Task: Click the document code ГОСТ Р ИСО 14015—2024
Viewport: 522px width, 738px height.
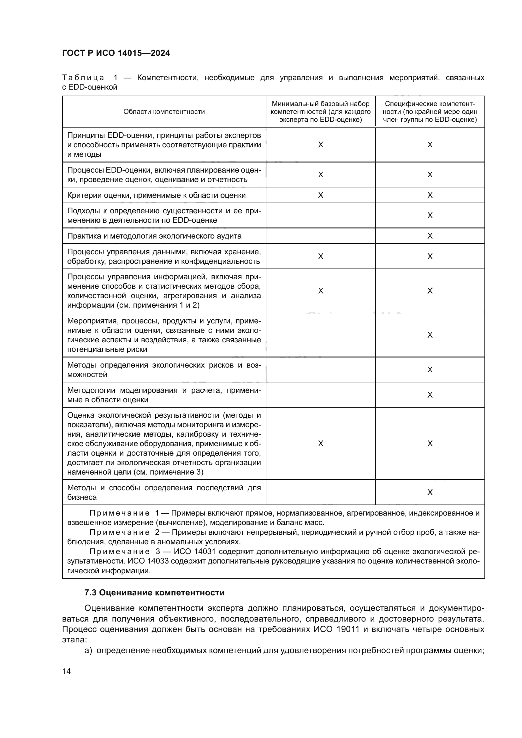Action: pyautogui.click(x=116, y=53)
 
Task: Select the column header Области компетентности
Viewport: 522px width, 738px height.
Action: pyautogui.click(x=164, y=111)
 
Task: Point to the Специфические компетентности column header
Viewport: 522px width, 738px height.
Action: pyautogui.click(x=430, y=111)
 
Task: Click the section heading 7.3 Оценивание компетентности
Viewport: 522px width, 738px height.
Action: pyautogui.click(x=154, y=593)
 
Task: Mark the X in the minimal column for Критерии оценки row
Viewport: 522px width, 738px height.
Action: pyautogui.click(x=320, y=195)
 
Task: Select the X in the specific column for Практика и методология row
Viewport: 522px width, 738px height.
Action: pyautogui.click(x=430, y=236)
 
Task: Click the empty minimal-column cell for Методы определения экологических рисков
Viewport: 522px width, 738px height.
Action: pyautogui.click(x=320, y=370)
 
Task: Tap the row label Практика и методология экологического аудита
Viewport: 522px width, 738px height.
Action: pyautogui.click(x=154, y=236)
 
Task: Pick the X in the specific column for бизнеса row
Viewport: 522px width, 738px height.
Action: pyautogui.click(x=430, y=493)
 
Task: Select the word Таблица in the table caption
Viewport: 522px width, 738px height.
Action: pyautogui.click(x=83, y=78)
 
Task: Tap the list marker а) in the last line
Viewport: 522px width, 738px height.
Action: pyautogui.click(x=88, y=651)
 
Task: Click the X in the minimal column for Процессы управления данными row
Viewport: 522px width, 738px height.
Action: pyautogui.click(x=320, y=257)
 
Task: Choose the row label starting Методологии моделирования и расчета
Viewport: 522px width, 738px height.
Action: pyautogui.click(x=164, y=395)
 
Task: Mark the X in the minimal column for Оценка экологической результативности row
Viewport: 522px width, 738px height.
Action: pyautogui.click(x=320, y=444)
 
